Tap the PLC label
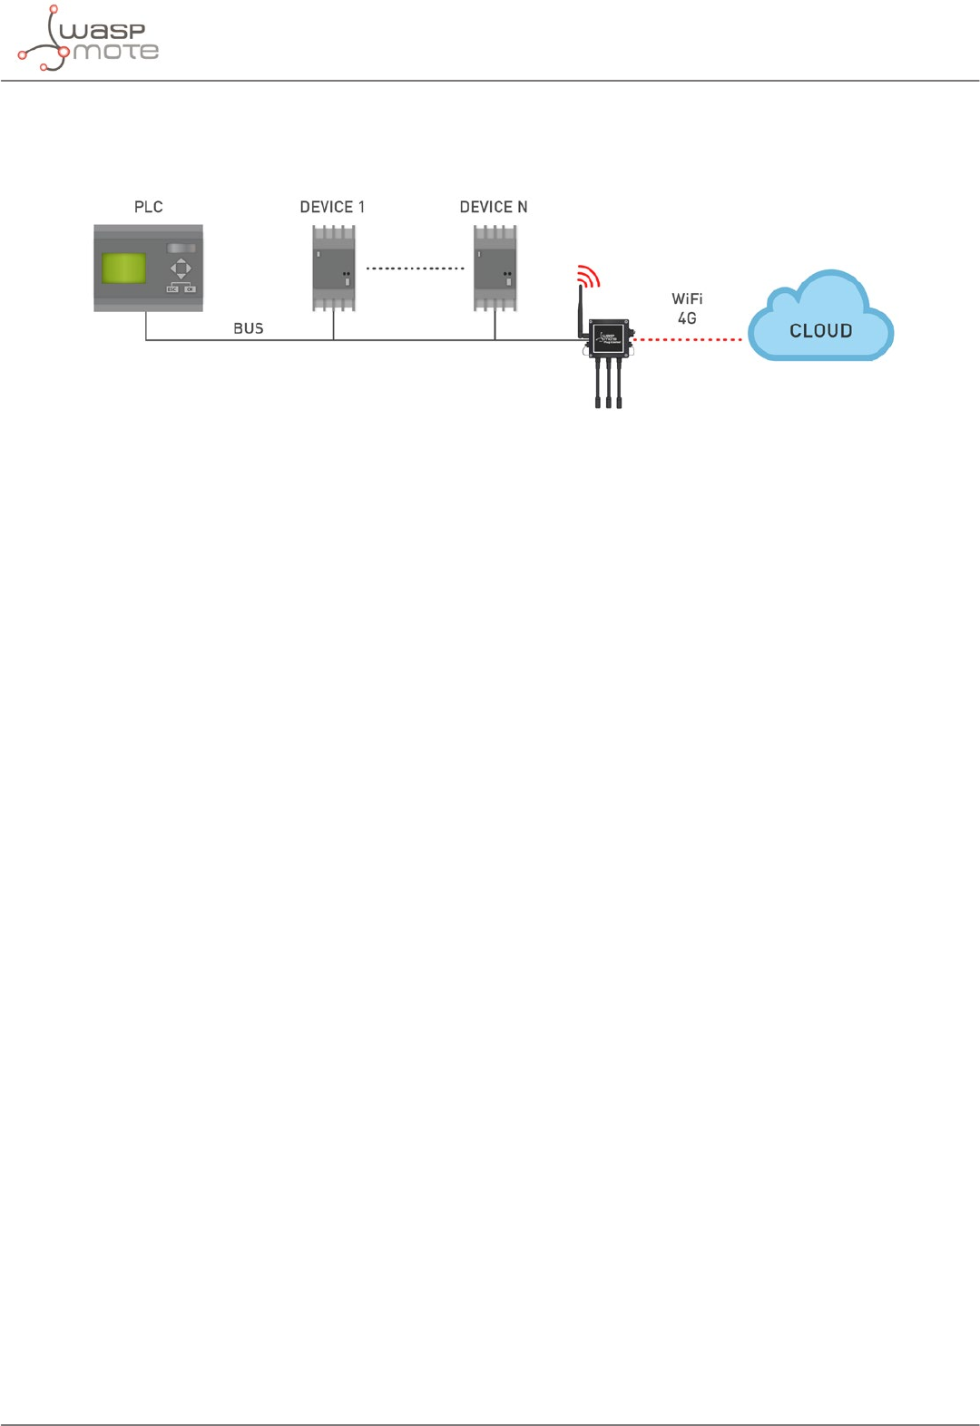(148, 207)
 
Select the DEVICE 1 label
(332, 207)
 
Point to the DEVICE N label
(493, 207)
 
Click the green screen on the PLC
(124, 269)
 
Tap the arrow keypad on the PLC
(181, 269)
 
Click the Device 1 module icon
(333, 269)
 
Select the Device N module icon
(495, 269)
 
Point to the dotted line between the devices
(415, 269)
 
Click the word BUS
(248, 328)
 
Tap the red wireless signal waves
(589, 276)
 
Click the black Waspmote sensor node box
(609, 339)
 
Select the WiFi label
(687, 298)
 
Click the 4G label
(687, 318)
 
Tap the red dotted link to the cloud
(687, 340)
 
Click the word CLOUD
(820, 331)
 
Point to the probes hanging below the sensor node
(609, 383)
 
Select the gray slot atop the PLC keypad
(181, 248)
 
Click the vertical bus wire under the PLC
(146, 326)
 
